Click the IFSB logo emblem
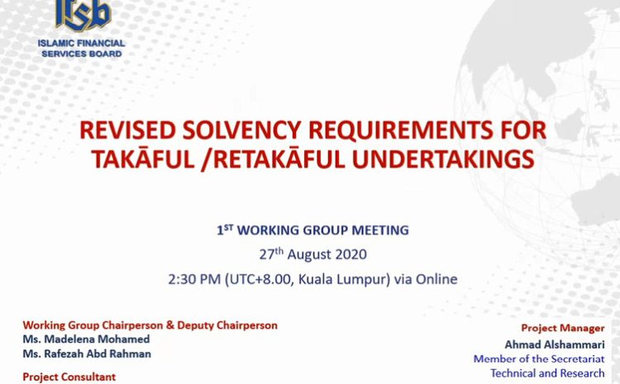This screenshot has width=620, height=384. [82, 15]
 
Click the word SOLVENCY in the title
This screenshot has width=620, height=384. [242, 130]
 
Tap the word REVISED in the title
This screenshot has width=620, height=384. [127, 130]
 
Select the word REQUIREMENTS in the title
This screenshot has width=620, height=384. [401, 130]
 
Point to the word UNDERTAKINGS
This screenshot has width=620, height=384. [443, 159]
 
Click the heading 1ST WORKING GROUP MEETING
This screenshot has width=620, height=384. [312, 230]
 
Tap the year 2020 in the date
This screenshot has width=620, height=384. [351, 254]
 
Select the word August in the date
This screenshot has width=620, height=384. [310, 255]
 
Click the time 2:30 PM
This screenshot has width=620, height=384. [194, 279]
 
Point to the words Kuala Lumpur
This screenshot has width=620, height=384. [341, 280]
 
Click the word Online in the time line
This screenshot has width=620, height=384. [436, 279]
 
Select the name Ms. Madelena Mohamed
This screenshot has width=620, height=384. [86, 339]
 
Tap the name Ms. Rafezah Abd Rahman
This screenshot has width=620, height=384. [87, 353]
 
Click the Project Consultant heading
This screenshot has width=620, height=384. [69, 377]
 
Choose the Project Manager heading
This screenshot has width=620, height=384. [563, 329]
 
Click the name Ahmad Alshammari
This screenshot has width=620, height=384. [555, 344]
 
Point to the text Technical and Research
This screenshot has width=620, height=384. [547, 373]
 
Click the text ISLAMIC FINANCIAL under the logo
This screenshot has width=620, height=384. [82, 43]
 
